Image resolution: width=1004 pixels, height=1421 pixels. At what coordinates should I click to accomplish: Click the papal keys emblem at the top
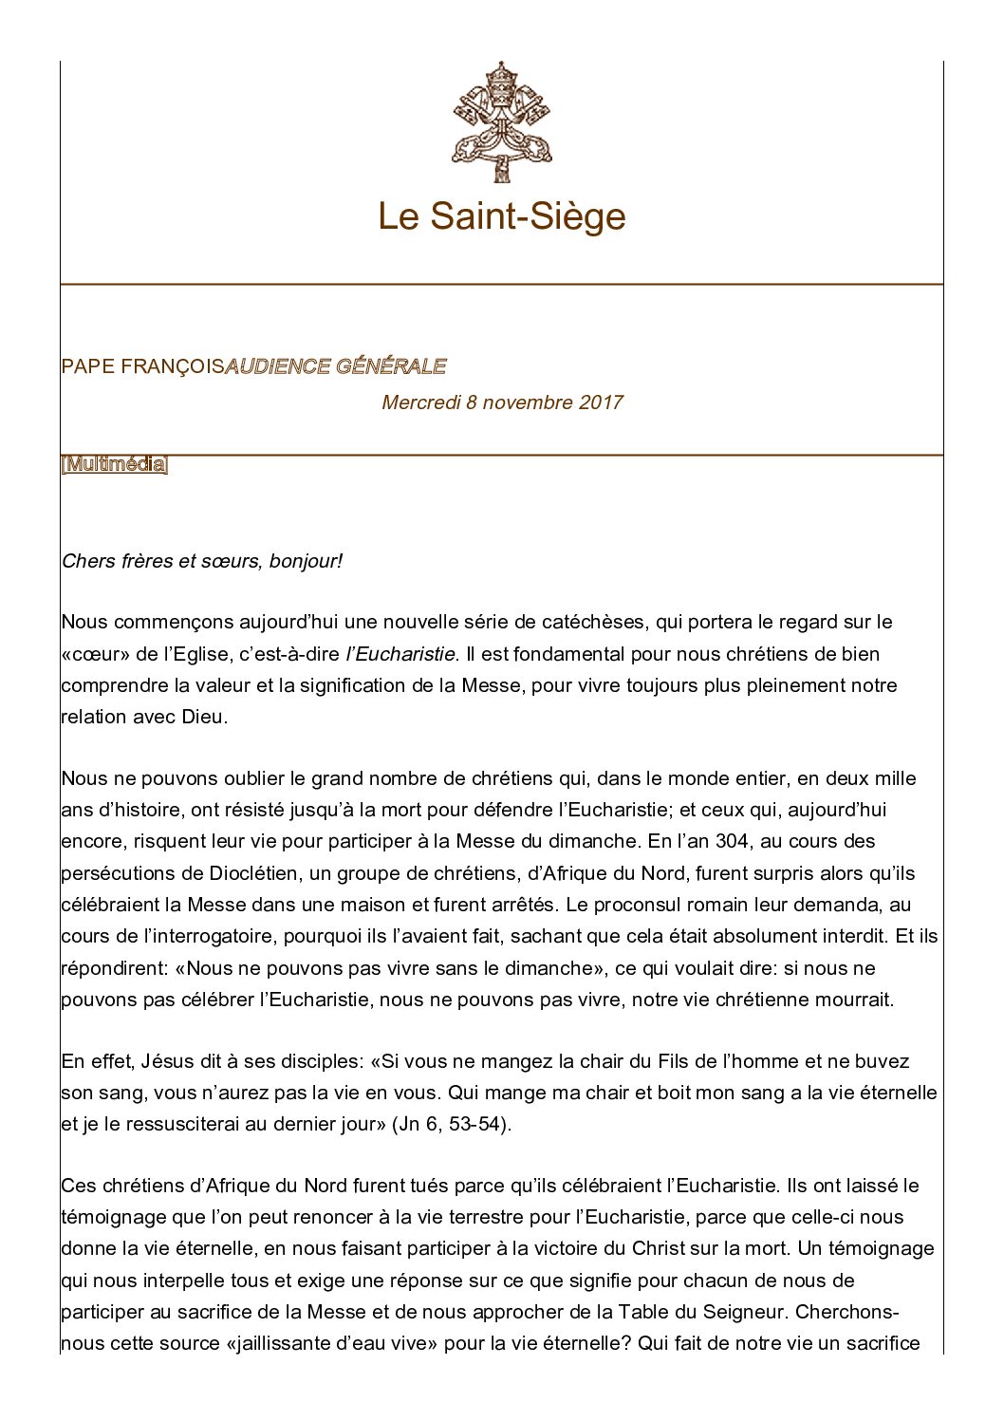501,122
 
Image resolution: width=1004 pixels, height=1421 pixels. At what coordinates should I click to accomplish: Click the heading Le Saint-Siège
501,216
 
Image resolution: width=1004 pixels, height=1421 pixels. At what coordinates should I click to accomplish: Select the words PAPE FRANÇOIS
142,366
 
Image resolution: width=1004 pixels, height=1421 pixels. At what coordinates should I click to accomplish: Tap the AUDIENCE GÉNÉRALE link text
335,366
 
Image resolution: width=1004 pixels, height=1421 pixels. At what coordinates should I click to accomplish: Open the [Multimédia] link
114,465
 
